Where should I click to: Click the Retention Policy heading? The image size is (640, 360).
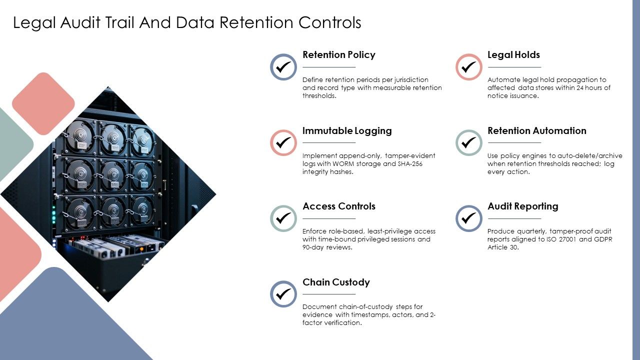coord(339,54)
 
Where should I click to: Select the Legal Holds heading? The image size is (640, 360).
coord(513,54)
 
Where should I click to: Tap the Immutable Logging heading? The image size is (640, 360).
coord(347,131)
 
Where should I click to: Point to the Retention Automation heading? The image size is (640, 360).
coord(537,130)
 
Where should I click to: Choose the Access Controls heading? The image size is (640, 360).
coord(339,206)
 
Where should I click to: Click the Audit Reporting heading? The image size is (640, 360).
coord(523,206)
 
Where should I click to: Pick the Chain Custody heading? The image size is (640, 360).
coord(336,282)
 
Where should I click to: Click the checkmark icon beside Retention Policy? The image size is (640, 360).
coord(283,67)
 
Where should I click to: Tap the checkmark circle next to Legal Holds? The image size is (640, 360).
coord(469,67)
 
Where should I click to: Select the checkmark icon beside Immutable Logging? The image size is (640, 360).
coord(283,142)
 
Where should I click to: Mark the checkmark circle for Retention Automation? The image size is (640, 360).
coord(469,142)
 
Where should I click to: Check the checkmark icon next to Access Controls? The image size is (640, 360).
coord(283,218)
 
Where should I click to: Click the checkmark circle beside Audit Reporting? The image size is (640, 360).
coord(469,218)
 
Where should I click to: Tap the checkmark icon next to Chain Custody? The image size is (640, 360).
coord(283,294)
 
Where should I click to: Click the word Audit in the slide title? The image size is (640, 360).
coord(80,22)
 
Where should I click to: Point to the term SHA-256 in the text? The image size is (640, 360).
coord(410,163)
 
